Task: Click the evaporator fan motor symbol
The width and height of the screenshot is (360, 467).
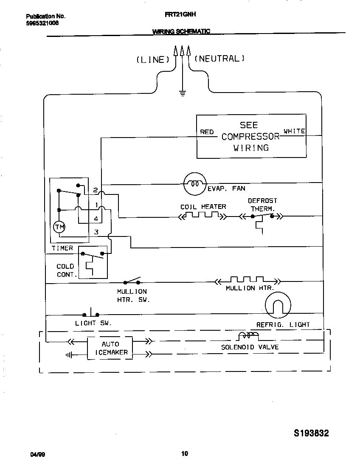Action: point(194,184)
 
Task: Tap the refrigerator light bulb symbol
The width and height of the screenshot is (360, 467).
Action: point(278,305)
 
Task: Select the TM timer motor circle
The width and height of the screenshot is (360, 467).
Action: point(59,228)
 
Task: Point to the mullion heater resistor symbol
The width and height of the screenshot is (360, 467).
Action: point(247,281)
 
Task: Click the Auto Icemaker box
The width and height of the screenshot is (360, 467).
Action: point(110,348)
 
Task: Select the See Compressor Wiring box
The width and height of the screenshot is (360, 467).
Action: point(251,136)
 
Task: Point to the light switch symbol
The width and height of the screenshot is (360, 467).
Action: point(92,314)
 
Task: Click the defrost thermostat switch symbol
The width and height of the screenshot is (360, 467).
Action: point(262,217)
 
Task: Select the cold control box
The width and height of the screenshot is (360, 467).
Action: point(93,262)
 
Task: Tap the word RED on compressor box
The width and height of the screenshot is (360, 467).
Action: point(207,132)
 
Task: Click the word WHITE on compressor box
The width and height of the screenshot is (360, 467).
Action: point(294,131)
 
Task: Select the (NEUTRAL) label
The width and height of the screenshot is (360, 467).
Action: point(219,59)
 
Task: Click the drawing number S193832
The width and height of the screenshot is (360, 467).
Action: point(311,433)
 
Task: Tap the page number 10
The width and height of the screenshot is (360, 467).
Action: point(184,453)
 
